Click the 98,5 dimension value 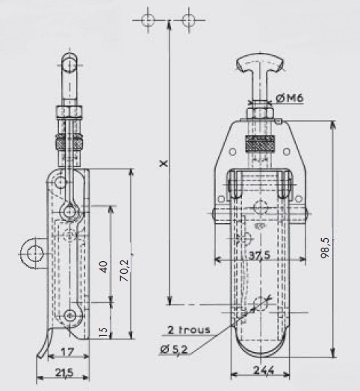326,248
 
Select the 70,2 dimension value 124,271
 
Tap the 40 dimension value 103,267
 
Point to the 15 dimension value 103,331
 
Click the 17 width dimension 67,352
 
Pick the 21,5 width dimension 64,373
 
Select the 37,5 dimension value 260,255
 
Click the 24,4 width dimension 264,370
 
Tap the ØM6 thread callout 290,98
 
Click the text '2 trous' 189,330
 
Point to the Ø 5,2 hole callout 173,350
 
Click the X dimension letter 164,164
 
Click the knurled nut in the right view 260,144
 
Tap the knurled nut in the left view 69,142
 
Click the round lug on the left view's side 33,254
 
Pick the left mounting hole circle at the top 148,20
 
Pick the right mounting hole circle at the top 188,20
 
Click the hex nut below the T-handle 260,113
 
